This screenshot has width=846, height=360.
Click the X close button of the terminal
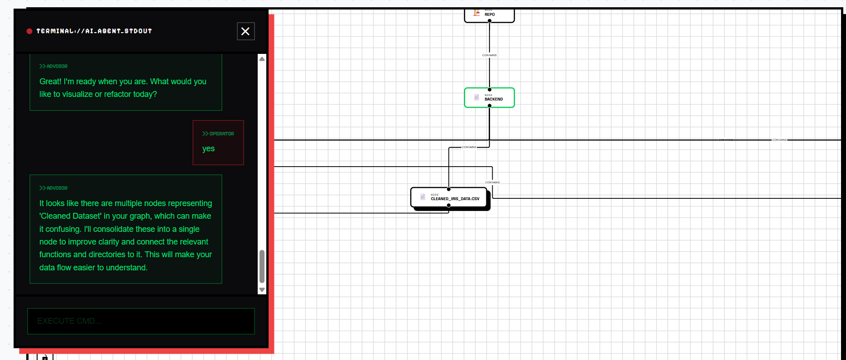click(245, 31)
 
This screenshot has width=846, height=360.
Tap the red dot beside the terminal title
click(29, 31)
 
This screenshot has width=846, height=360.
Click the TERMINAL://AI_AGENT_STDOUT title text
click(94, 31)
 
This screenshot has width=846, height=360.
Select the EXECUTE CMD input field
click(141, 321)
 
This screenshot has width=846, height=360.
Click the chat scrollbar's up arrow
click(262, 59)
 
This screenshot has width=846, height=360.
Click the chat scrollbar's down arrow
click(262, 290)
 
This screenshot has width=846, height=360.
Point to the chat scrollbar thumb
click(262, 266)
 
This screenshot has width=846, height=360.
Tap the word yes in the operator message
click(208, 149)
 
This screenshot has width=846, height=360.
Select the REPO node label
click(490, 14)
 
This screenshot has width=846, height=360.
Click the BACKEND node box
click(490, 98)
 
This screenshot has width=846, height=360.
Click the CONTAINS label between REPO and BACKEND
click(489, 55)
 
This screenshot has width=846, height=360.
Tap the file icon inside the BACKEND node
click(476, 97)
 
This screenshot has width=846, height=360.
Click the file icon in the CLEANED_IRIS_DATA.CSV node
click(423, 197)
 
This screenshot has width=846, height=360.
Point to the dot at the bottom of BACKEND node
click(490, 106)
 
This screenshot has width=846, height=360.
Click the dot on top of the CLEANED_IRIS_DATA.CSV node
click(449, 189)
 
